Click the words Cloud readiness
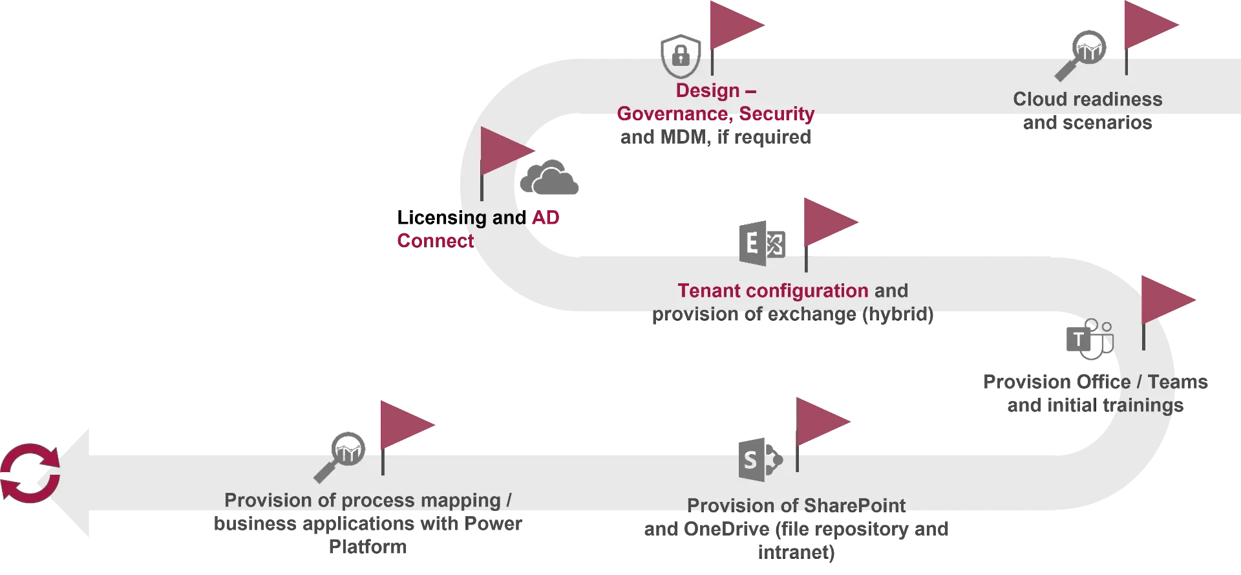[1087, 99]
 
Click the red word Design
[707, 91]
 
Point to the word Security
[777, 114]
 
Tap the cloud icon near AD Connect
[548, 177]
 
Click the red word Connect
[435, 241]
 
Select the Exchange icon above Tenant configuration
[763, 243]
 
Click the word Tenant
[709, 290]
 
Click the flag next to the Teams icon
[1167, 300]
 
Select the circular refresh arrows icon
[30, 472]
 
